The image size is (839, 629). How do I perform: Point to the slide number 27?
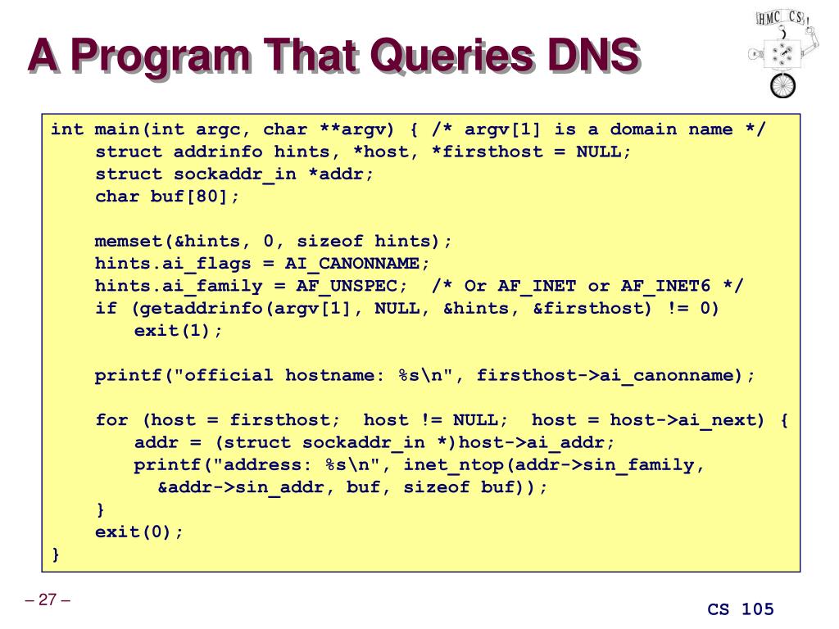pyautogui.click(x=48, y=600)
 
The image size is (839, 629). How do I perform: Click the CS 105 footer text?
pyautogui.click(x=741, y=609)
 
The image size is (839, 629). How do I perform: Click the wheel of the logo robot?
pyautogui.click(x=782, y=85)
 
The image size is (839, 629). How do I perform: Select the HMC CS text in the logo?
pyautogui.click(x=781, y=18)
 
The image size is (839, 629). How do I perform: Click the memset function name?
pyautogui.click(x=129, y=242)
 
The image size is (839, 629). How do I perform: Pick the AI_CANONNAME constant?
pyautogui.click(x=352, y=264)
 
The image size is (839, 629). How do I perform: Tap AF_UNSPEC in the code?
pyautogui.click(x=347, y=286)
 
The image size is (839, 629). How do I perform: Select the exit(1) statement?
pyautogui.click(x=178, y=331)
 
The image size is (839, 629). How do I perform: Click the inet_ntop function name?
pyautogui.click(x=453, y=465)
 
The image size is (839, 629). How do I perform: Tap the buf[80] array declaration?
pyautogui.click(x=189, y=197)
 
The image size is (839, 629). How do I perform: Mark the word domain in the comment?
pyautogui.click(x=643, y=129)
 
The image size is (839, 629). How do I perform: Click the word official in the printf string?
pyautogui.click(x=228, y=375)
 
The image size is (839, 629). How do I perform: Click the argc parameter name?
pyautogui.click(x=217, y=130)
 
